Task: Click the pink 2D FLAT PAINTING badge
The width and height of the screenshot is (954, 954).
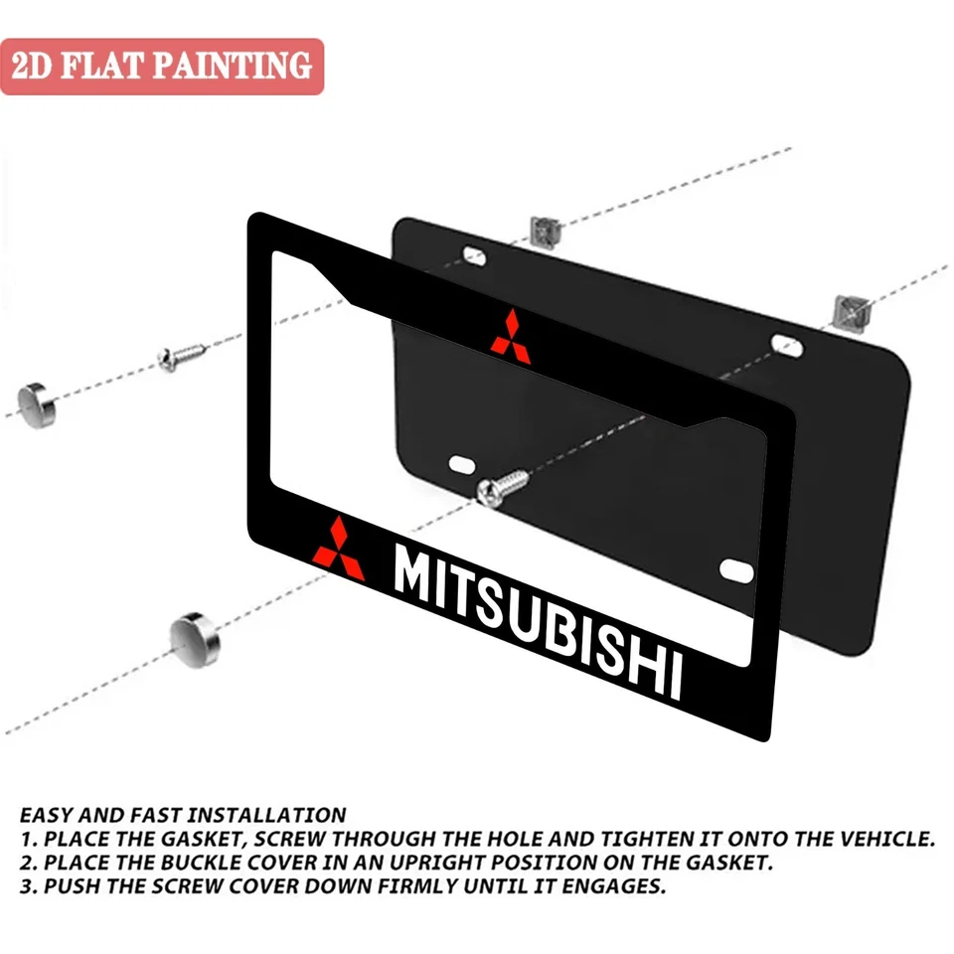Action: pos(162,67)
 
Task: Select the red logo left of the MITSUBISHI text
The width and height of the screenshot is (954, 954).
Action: pos(339,549)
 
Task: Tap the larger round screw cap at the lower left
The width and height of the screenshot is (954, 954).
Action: pos(195,636)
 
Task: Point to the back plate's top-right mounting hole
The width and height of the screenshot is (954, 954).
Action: pos(785,344)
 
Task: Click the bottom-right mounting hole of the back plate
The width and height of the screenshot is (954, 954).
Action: pos(736,569)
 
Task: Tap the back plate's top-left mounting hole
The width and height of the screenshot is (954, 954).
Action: pos(474,255)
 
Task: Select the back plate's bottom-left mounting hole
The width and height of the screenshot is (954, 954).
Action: pos(462,464)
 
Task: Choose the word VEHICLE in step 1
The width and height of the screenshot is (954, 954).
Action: pos(883,839)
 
